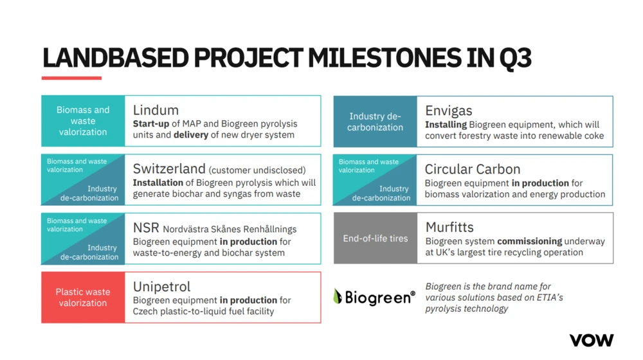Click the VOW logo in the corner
click(x=592, y=340)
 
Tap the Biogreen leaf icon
click(x=338, y=296)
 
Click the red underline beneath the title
click(x=71, y=78)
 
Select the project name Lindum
click(x=156, y=111)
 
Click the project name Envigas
click(x=449, y=111)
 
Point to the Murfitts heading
click(x=449, y=227)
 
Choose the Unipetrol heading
click(x=161, y=287)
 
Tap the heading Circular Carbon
click(x=473, y=169)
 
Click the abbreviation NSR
click(x=146, y=228)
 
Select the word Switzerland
click(x=169, y=168)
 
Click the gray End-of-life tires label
click(x=376, y=239)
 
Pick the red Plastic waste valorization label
click(x=83, y=297)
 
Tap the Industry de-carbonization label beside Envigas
click(x=376, y=122)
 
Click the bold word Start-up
click(x=151, y=124)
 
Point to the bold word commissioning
click(x=529, y=241)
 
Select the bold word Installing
click(x=446, y=125)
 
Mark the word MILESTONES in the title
click(x=385, y=58)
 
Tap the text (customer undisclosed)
click(x=257, y=170)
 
